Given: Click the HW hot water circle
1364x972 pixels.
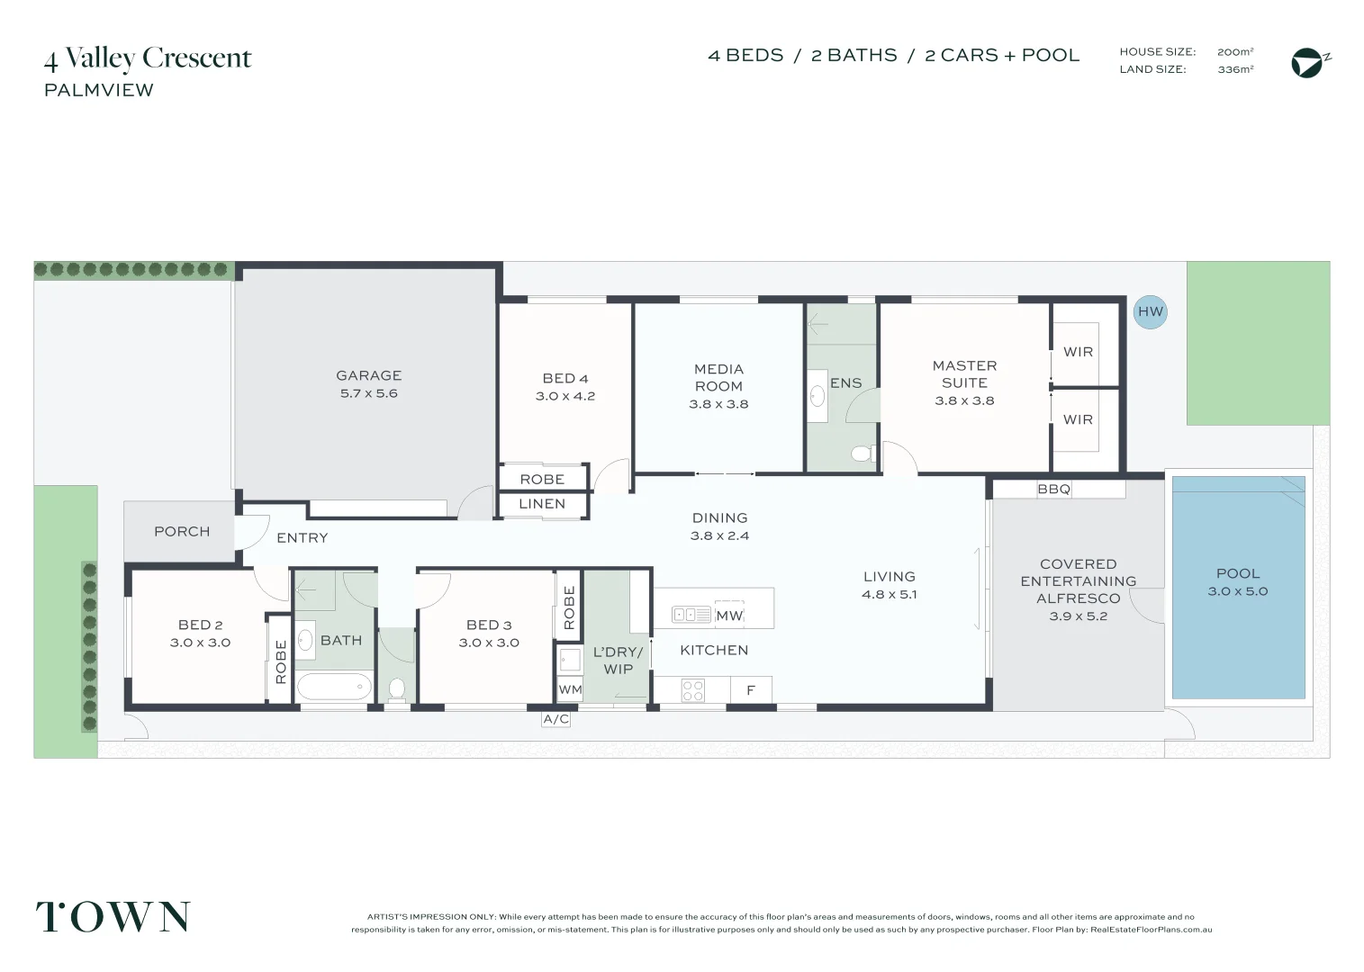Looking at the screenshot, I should point(1150,312).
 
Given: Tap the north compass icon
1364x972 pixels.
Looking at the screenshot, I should point(1308,63).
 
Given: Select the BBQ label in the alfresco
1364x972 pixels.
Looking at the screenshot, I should point(1053,490).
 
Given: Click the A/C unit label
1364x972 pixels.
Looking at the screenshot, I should point(556,719).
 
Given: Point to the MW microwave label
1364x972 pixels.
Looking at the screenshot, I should point(729,616).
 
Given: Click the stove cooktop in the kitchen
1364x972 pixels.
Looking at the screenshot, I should point(692,690).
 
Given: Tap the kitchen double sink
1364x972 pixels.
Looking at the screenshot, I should point(691,616).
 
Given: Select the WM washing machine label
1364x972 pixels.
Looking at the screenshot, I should point(570,690).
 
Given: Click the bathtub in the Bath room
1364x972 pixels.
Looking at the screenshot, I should point(334,688).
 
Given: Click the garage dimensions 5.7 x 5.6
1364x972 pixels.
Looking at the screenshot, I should point(368,393).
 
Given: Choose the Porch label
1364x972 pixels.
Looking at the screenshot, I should point(182,532).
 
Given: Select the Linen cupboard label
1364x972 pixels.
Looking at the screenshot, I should point(542,504).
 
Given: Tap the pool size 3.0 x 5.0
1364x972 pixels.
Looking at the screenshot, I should point(1237,591).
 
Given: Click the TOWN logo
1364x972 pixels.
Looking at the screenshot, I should point(113,917).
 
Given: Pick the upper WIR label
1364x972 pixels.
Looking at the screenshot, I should point(1078,352).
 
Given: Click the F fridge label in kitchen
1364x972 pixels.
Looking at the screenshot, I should point(750,691).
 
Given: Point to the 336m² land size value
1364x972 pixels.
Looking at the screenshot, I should point(1235,69).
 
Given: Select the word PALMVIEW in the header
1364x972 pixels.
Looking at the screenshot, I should point(99,90).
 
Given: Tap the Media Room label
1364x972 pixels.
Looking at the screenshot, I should point(718,377).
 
